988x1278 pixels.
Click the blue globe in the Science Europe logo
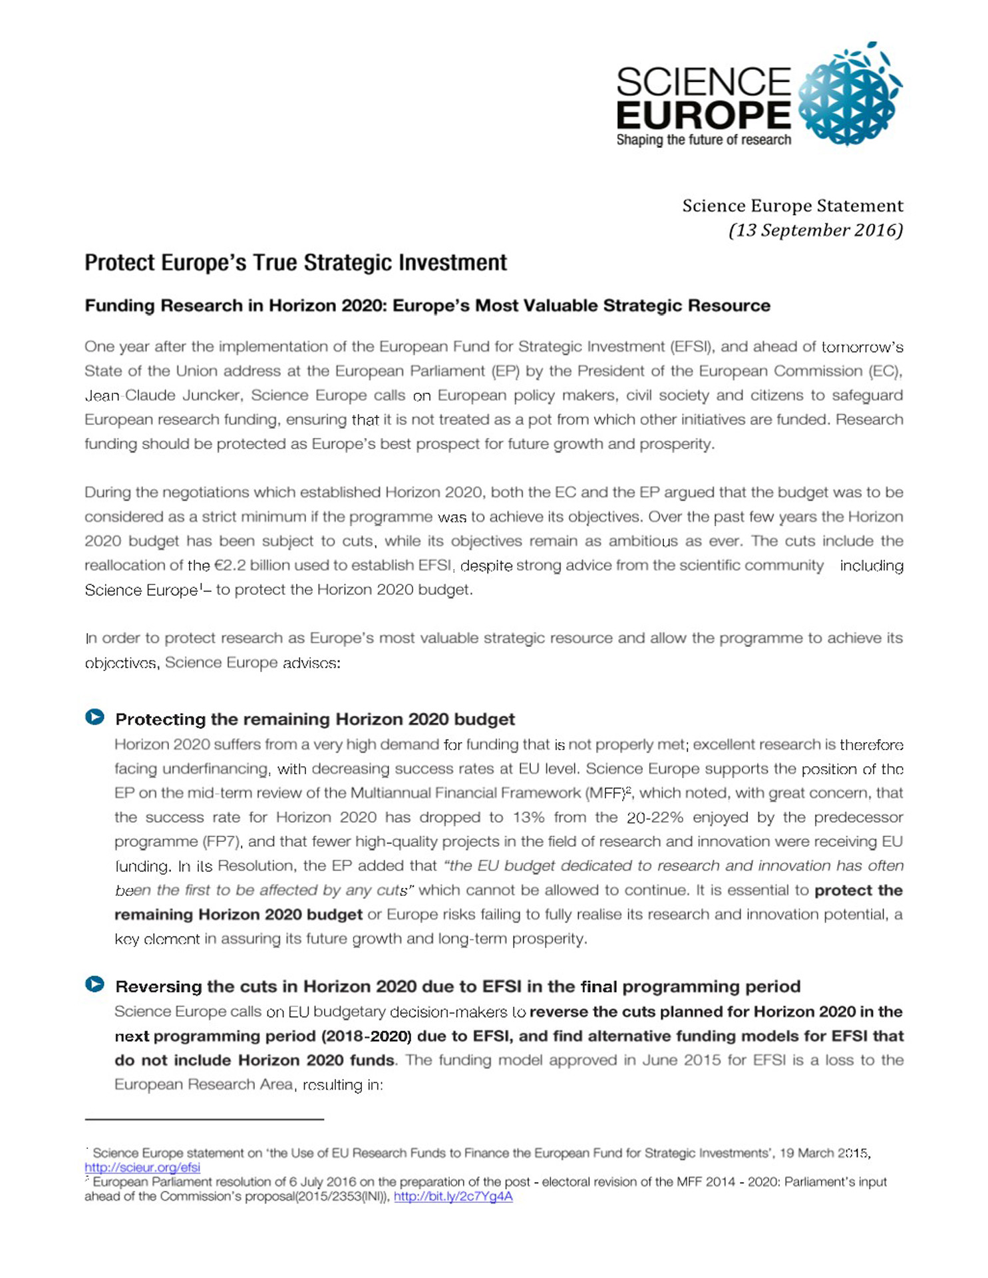[x=848, y=94]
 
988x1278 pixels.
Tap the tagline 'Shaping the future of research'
[x=703, y=140]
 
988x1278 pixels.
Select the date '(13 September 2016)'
[x=816, y=230]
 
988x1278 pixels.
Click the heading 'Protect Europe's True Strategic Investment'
[x=295, y=263]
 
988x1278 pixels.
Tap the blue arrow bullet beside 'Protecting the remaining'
[x=94, y=717]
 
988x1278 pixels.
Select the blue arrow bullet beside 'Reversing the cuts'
[x=94, y=984]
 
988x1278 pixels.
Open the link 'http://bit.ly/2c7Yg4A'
[x=453, y=1196]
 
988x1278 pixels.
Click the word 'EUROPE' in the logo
[x=703, y=114]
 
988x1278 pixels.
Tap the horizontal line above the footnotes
[x=204, y=1120]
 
